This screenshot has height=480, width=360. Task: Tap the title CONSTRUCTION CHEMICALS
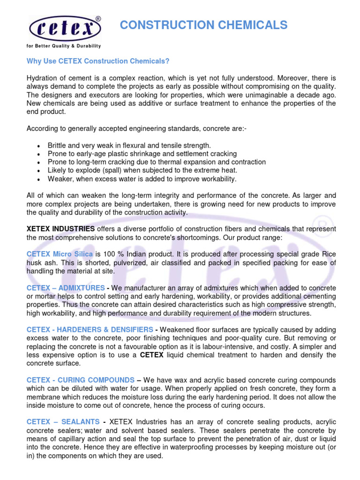[x=203, y=25]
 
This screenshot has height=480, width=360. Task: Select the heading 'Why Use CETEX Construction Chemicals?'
[x=98, y=61]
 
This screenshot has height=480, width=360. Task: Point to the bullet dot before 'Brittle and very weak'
[x=37, y=146]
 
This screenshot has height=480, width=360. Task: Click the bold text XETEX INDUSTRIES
[x=60, y=229]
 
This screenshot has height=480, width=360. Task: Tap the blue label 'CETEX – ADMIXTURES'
[x=66, y=287]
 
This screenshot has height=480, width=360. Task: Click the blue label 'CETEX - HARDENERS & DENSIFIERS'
[x=90, y=330]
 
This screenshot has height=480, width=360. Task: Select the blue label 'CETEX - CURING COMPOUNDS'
[x=80, y=380]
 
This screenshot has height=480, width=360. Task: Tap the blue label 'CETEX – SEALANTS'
[x=62, y=422]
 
